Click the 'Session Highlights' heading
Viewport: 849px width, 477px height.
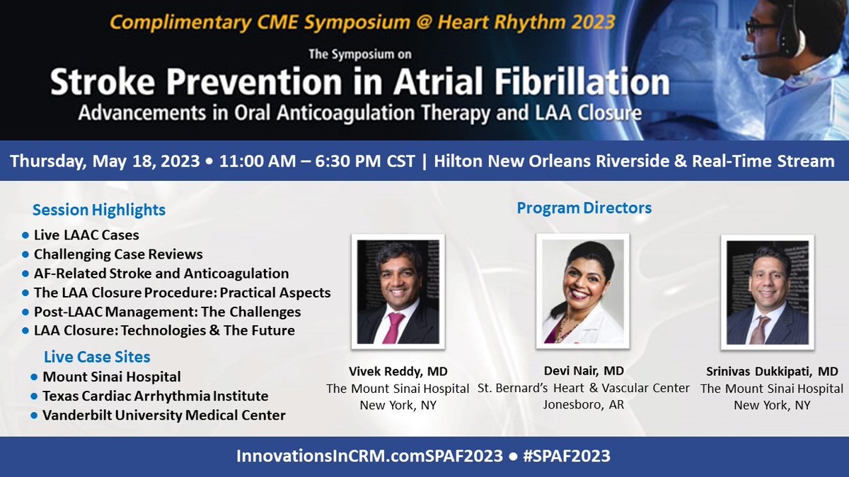coord(99,210)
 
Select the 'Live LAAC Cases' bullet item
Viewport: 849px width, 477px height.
coord(87,235)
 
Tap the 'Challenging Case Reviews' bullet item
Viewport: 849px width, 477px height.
coord(118,254)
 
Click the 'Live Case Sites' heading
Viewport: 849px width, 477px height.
coord(97,357)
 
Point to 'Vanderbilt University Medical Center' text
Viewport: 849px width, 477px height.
coord(164,415)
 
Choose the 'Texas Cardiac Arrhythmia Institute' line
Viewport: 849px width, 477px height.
coord(156,396)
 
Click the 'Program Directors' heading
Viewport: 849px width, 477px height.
coord(584,208)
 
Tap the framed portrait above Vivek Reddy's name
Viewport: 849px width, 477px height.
coord(398,292)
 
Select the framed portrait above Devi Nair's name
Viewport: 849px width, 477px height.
coord(582,291)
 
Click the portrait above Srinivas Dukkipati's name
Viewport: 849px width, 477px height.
coord(767,292)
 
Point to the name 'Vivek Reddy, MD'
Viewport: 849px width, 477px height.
coord(398,371)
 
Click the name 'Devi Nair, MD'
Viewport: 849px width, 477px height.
coord(583,371)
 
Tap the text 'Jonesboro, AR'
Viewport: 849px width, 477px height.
coord(583,405)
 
